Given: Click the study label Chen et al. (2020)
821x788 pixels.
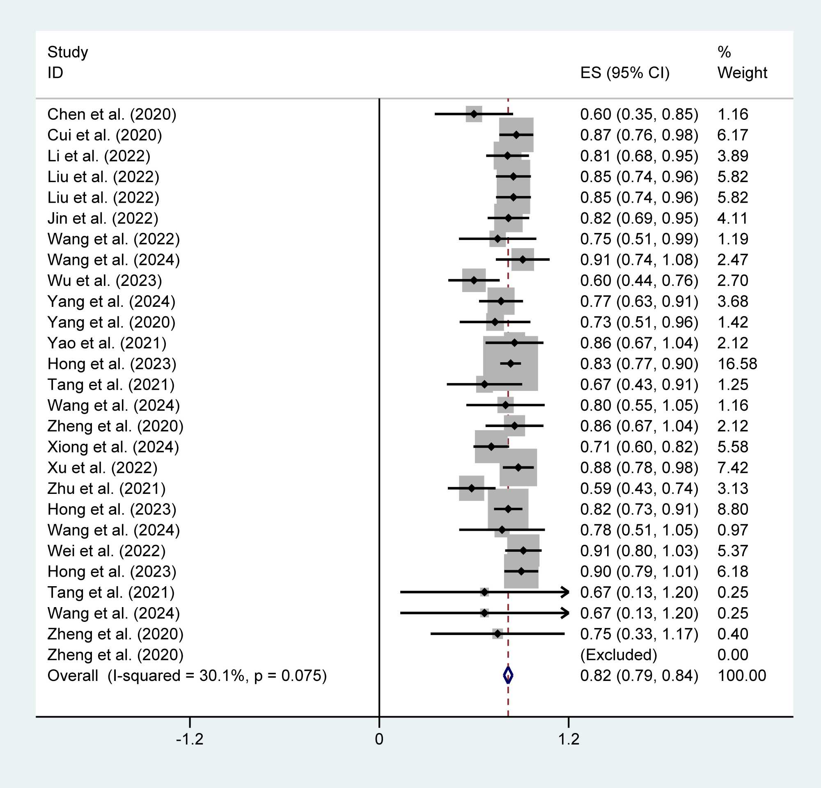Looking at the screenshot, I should point(111,114).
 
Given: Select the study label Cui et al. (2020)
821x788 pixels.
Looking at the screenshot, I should point(104,135).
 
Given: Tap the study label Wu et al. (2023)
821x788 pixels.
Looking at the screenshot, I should point(104,281).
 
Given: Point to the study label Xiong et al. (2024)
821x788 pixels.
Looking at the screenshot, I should point(113,447).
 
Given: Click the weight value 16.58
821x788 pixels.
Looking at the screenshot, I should point(737,364).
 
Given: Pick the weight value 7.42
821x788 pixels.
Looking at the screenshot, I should point(732,468).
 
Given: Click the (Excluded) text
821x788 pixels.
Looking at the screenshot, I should point(618,655).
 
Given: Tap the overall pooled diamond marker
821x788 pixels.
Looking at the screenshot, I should point(508,676).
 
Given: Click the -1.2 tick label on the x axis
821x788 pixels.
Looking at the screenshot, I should point(189,740).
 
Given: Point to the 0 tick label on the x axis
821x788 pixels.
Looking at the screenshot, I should point(379,740).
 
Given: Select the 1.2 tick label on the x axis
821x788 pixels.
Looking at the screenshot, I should point(569,740).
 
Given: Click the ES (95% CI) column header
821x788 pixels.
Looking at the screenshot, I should point(624,73).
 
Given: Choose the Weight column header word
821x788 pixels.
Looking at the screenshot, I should point(742,73).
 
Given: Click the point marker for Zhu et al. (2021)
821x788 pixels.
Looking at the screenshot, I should point(472,489).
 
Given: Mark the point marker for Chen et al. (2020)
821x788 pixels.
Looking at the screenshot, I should point(474,114).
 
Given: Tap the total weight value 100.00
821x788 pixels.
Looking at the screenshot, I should point(741,676).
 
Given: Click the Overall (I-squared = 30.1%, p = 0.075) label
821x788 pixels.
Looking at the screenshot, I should point(187,676).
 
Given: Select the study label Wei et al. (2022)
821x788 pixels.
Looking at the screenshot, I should point(106,551).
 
